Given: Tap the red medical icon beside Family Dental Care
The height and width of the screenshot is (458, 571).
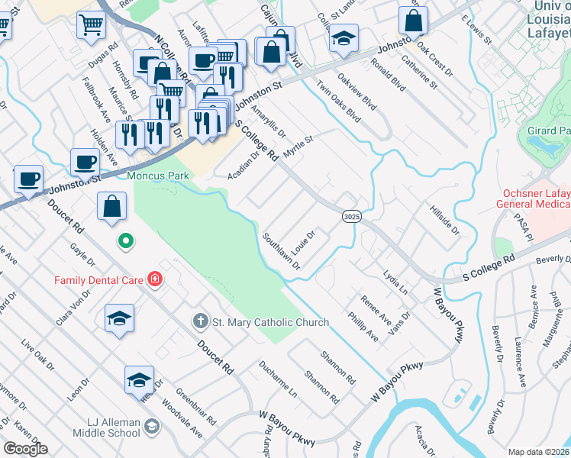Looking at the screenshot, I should point(155,279).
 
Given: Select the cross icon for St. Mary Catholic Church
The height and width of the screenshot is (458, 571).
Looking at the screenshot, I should point(201,321).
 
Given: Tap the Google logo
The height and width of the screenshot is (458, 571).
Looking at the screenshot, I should point(24,449).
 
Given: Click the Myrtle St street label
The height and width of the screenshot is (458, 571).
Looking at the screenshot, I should point(298,147).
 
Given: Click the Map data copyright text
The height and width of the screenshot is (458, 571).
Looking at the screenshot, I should point(539,452).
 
